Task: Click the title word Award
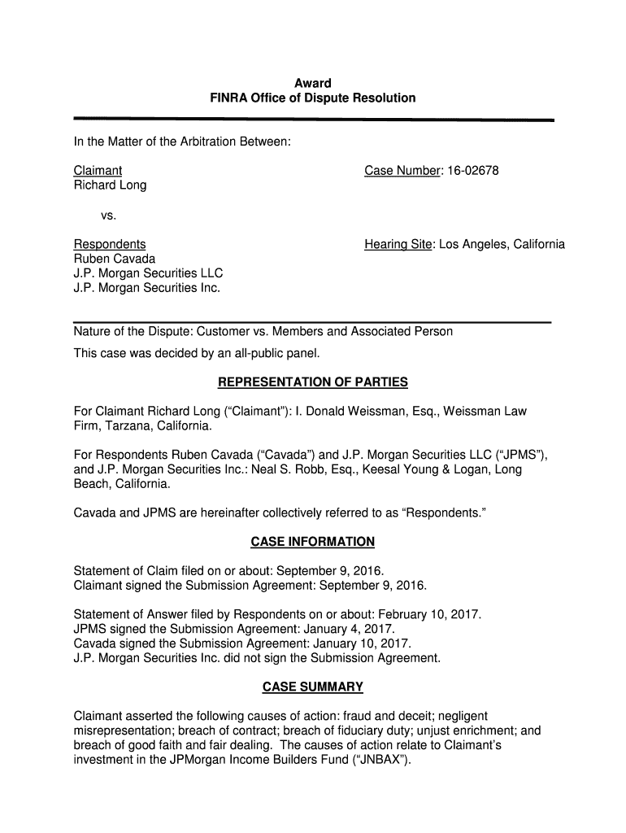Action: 312,83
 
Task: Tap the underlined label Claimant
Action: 98,171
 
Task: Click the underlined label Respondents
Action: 110,244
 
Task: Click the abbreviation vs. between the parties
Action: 108,215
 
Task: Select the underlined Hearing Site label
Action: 398,244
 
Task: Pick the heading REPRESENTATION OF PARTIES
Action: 312,382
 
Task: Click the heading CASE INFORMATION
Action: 312,542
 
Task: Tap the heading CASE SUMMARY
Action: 312,687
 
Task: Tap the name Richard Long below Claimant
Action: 110,185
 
